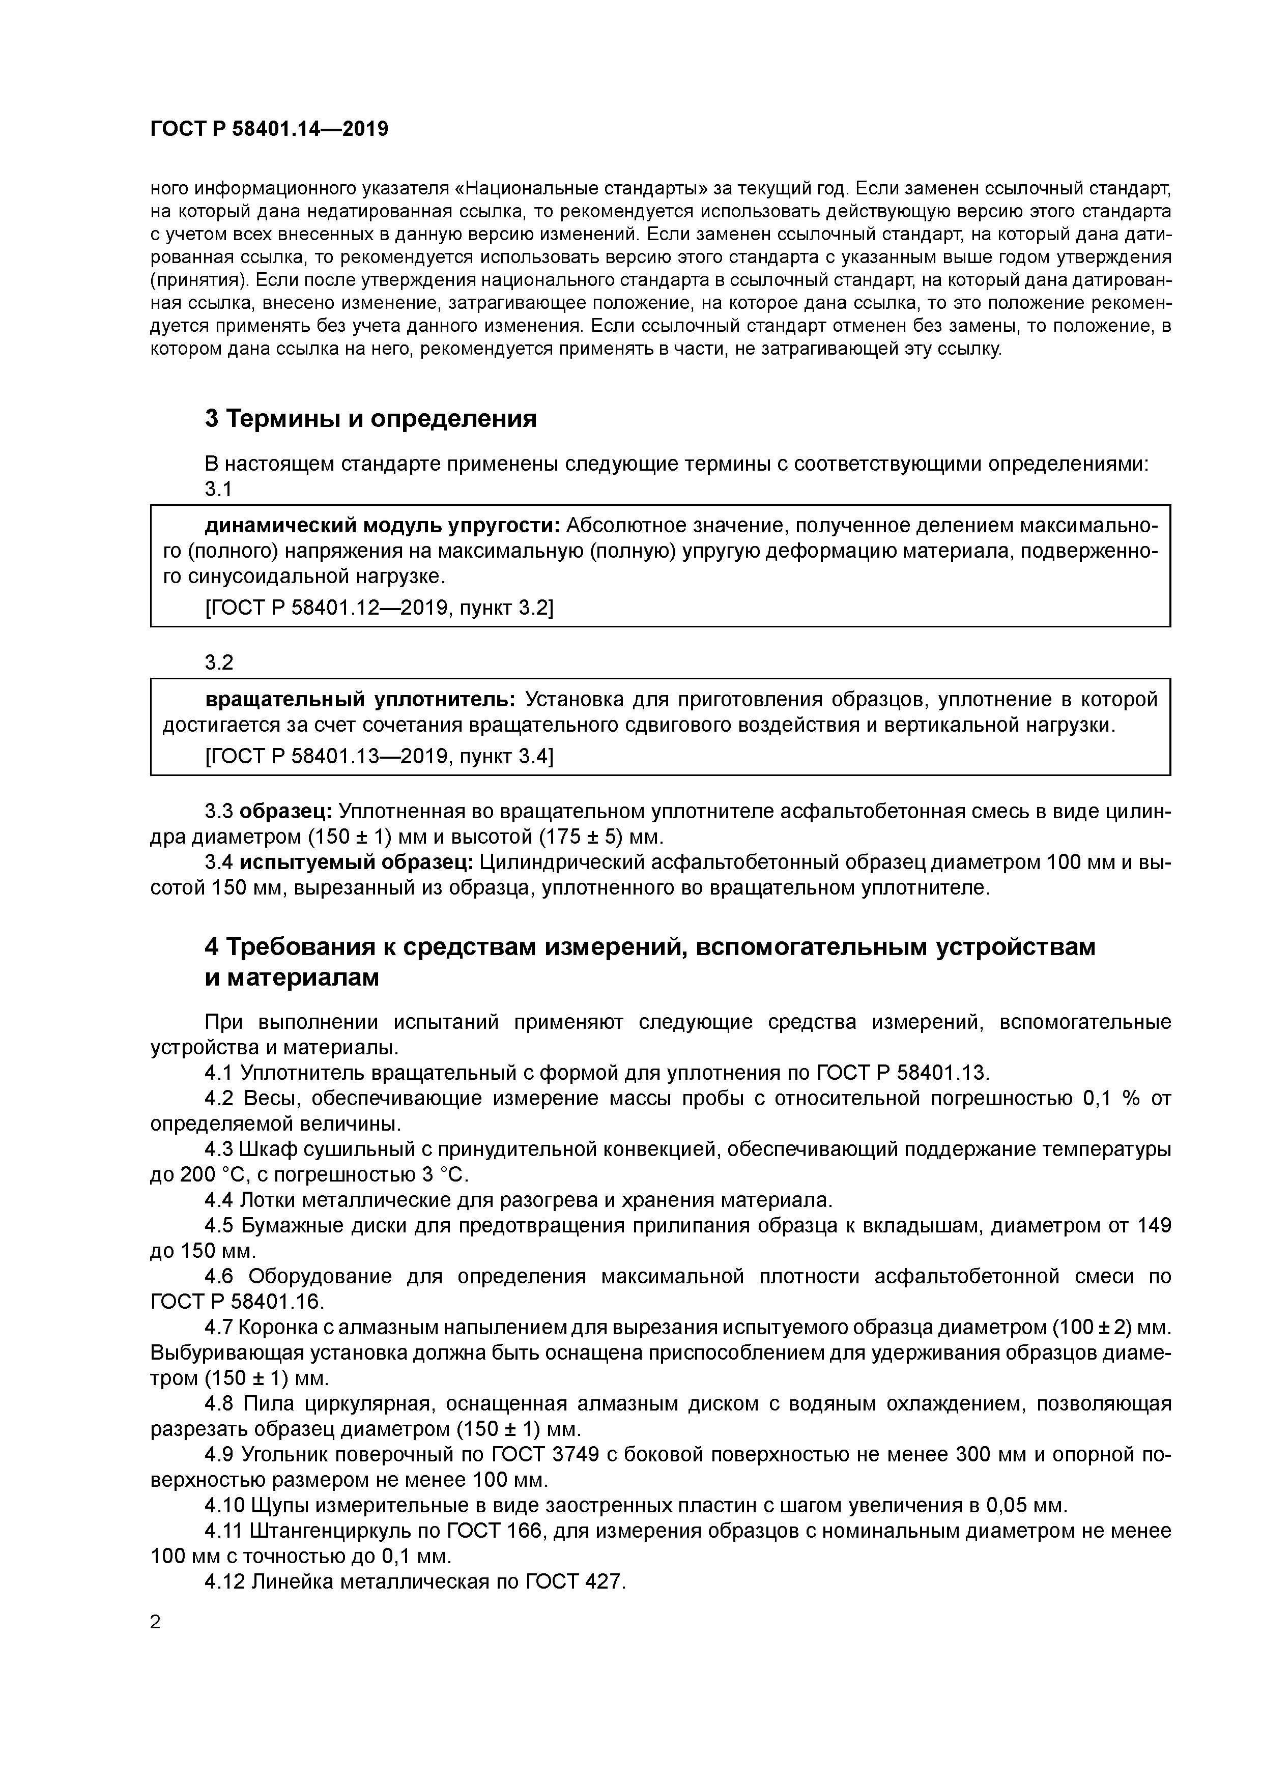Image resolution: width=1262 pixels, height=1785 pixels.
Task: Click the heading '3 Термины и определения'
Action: click(x=371, y=419)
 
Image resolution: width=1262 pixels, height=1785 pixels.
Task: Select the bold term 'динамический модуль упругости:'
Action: click(x=382, y=526)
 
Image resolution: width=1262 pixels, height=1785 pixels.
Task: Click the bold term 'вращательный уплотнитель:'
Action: click(x=360, y=700)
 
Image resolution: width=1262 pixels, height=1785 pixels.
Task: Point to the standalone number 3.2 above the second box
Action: click(x=219, y=663)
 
